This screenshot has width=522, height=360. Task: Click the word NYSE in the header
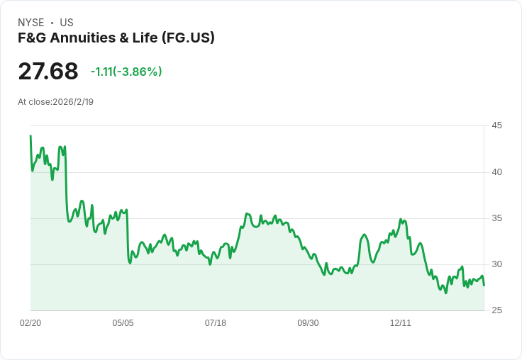tap(31, 23)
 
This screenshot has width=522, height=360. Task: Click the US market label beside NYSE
tap(67, 23)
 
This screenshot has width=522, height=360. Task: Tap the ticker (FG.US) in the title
tap(187, 38)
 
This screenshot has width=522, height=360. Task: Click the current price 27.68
tap(48, 72)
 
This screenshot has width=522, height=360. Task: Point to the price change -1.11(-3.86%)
tap(126, 72)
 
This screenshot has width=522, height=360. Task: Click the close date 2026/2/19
tap(73, 102)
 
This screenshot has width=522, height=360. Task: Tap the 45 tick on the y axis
tap(497, 125)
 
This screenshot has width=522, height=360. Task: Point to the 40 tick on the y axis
tap(497, 172)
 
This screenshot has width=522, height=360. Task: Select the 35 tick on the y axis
tap(497, 218)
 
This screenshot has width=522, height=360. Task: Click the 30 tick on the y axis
tap(497, 264)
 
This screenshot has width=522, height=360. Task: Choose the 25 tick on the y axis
tap(497, 310)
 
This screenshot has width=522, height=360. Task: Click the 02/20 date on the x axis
tap(30, 323)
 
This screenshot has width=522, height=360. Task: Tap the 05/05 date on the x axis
tap(123, 323)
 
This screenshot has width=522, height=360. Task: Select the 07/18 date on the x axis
tap(216, 323)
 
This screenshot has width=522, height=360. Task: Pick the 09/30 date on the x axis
tap(308, 323)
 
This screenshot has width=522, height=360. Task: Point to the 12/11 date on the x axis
tap(401, 323)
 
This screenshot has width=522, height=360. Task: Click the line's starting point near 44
tap(30, 135)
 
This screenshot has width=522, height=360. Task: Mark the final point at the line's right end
tap(484, 285)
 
